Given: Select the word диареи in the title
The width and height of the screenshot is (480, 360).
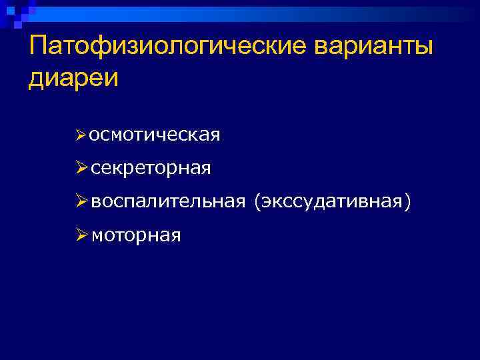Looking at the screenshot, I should pyautogui.click(x=73, y=78).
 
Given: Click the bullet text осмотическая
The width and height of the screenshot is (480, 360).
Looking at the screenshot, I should pyautogui.click(x=155, y=135).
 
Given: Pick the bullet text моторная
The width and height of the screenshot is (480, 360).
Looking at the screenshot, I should pyautogui.click(x=136, y=235).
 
